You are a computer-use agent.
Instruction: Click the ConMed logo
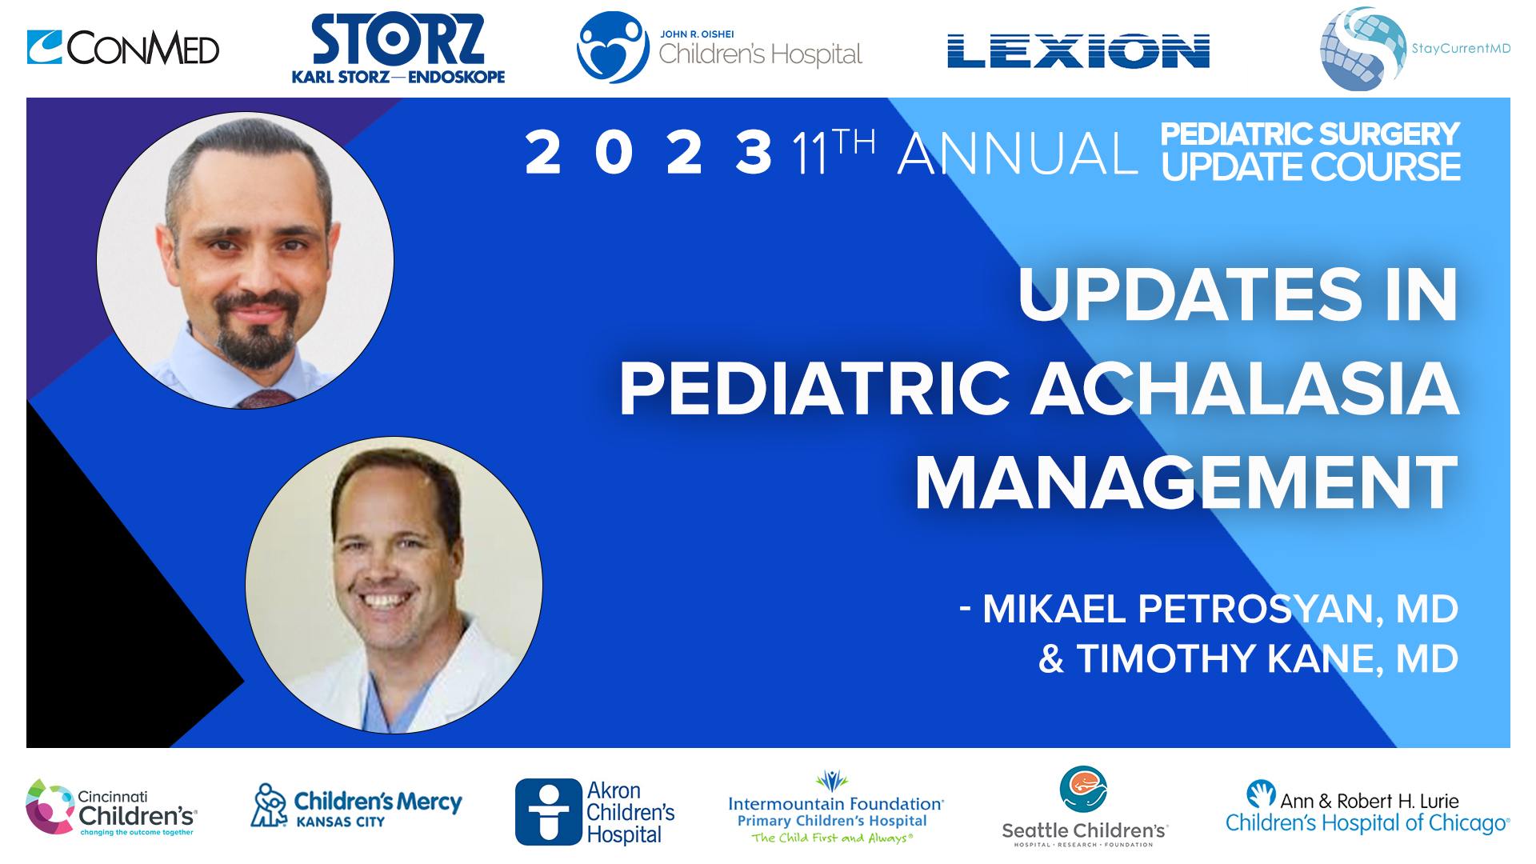[x=123, y=48]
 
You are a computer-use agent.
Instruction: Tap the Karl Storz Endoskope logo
[x=398, y=49]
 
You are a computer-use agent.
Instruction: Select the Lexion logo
[x=1078, y=51]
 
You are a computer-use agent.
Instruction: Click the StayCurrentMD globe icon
[x=1362, y=49]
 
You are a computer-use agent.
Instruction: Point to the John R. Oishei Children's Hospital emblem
[x=613, y=47]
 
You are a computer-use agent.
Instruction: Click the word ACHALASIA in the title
[x=1245, y=390]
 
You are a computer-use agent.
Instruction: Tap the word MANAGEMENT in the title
[x=1186, y=483]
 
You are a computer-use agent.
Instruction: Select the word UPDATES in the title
[x=1190, y=295]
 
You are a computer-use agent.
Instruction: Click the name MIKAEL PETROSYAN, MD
[x=1219, y=609]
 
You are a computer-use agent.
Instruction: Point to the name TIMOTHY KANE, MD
[x=1267, y=659]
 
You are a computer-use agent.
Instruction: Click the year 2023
[x=648, y=153]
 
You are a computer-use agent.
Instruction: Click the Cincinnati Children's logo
[x=111, y=809]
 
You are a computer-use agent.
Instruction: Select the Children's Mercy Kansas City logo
[x=357, y=807]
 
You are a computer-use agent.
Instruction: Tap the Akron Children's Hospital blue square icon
[x=548, y=811]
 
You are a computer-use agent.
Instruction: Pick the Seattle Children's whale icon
[x=1083, y=789]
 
